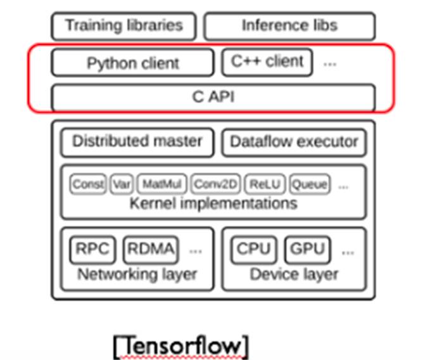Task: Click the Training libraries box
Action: point(123,26)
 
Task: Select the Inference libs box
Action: point(289,26)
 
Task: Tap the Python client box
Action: point(132,63)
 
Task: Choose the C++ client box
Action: point(267,62)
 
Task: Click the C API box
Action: point(213,98)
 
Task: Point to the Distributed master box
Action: point(137,142)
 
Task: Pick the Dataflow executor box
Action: point(294,142)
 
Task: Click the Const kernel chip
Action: point(88,184)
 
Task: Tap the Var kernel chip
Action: point(121,184)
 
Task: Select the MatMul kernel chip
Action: point(161,184)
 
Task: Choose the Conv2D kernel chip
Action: point(215,184)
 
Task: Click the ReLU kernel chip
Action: point(264,184)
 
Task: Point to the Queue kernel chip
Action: point(310,184)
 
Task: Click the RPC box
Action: point(92,249)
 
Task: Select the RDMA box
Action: point(151,249)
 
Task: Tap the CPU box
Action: point(253,249)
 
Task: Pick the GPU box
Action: point(307,249)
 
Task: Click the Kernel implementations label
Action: point(213,203)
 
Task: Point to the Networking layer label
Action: point(137,274)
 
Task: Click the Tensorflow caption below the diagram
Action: point(181,346)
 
